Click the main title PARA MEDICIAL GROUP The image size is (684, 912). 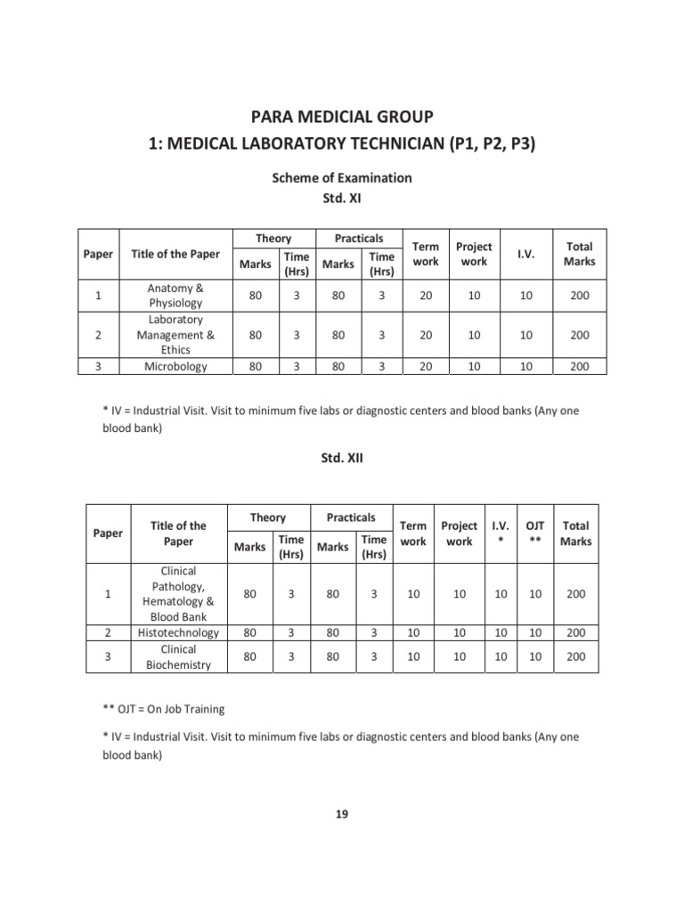342,118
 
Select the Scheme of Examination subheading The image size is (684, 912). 342,177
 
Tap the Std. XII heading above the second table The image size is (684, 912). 342,459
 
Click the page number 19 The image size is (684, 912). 343,814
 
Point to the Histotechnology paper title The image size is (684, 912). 178,632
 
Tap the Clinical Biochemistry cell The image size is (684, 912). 178,657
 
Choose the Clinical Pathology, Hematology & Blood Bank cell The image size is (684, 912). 178,593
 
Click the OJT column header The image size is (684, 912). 535,533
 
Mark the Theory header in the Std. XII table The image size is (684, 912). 268,517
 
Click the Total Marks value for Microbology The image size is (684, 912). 579,366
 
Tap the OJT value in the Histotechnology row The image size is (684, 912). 535,632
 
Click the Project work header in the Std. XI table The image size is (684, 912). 473,254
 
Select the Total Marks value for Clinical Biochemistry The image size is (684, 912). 576,657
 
